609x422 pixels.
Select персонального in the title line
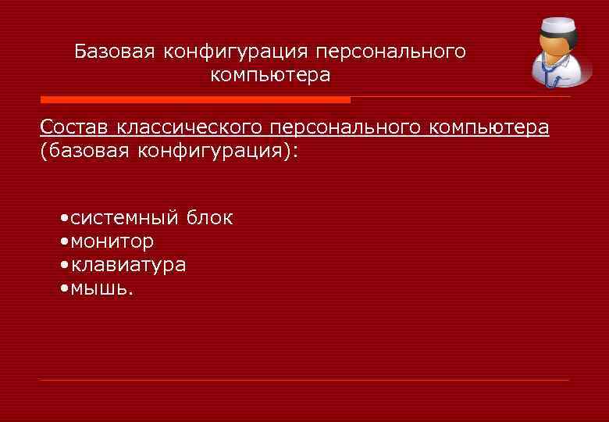coord(391,52)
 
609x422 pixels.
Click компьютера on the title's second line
coord(270,76)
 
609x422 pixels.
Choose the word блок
coord(208,218)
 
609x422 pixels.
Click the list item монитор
coord(112,241)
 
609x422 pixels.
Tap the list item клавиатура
coord(128,265)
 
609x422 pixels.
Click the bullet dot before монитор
coord(63,241)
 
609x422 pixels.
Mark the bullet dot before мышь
coord(63,288)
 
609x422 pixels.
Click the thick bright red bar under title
coord(195,100)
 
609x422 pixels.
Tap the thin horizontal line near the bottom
coord(304,381)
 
